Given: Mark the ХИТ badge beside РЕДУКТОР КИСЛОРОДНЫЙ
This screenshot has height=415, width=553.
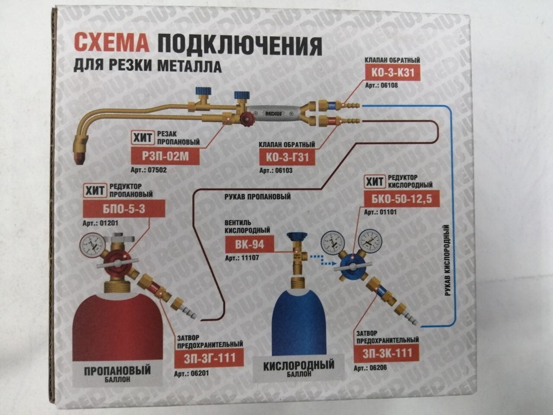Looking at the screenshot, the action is tap(374, 182).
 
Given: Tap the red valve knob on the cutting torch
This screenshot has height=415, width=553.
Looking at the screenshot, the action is tap(248, 119).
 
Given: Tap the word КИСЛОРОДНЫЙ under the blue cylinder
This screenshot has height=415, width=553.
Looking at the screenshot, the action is tap(299, 366).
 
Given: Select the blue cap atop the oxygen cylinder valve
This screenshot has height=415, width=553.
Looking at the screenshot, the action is tap(298, 236).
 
